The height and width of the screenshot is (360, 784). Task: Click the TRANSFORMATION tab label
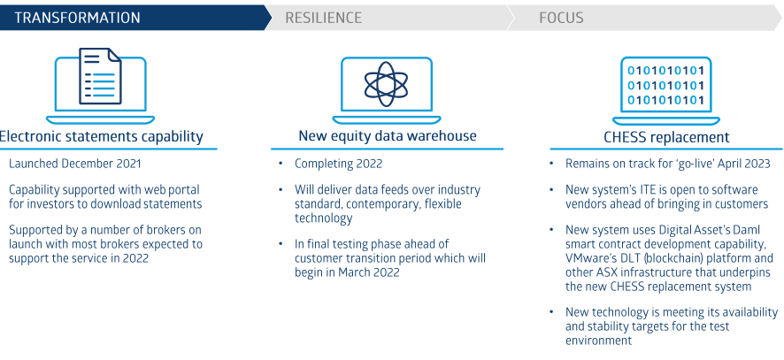[77, 18]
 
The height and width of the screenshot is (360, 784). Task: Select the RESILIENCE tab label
[323, 18]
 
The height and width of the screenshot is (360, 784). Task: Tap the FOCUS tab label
[561, 18]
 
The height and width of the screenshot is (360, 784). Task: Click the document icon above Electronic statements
[100, 75]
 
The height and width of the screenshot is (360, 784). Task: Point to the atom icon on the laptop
[386, 84]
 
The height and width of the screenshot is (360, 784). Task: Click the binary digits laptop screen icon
[665, 85]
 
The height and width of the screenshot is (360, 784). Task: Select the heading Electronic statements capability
[101, 136]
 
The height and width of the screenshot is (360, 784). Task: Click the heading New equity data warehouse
[388, 136]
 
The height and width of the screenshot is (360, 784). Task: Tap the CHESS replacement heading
[666, 137]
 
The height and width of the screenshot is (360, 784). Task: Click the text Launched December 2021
[75, 164]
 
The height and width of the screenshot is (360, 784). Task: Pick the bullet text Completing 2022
[339, 164]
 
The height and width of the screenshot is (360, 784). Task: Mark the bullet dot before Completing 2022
[281, 164]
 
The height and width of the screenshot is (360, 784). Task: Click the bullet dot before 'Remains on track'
[551, 164]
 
